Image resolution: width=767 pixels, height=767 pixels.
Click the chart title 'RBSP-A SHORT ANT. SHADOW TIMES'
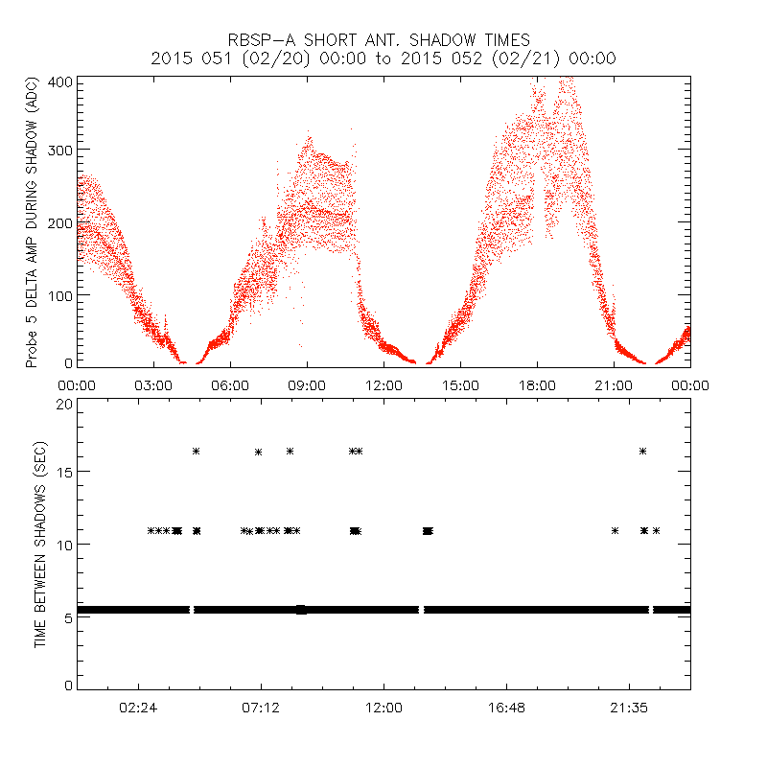pos(383,39)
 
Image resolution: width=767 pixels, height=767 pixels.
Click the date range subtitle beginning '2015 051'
pos(383,58)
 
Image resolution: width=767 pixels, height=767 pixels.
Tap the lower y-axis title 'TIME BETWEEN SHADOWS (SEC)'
pos(40,544)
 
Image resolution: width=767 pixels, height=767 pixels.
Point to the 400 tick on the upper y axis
pos(61,82)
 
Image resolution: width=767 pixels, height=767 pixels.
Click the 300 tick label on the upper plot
pos(61,150)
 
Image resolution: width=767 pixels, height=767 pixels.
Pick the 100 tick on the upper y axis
pos(61,293)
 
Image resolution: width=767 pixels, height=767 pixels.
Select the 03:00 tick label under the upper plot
pos(153,384)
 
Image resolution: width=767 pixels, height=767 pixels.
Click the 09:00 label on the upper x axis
pos(307,384)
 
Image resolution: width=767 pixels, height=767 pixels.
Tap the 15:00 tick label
pos(460,384)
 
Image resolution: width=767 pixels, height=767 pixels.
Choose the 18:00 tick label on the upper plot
pos(537,384)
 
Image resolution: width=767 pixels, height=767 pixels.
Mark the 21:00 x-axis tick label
pos(614,384)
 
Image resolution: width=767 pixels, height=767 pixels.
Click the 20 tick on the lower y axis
pos(64,404)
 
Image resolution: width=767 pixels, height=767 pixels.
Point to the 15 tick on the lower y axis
pos(64,471)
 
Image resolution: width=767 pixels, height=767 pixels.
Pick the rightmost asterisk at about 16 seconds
pos(642,451)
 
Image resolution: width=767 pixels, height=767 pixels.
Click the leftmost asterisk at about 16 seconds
pos(196,451)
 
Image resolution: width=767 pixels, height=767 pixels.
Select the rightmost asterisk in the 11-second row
pos(656,530)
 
